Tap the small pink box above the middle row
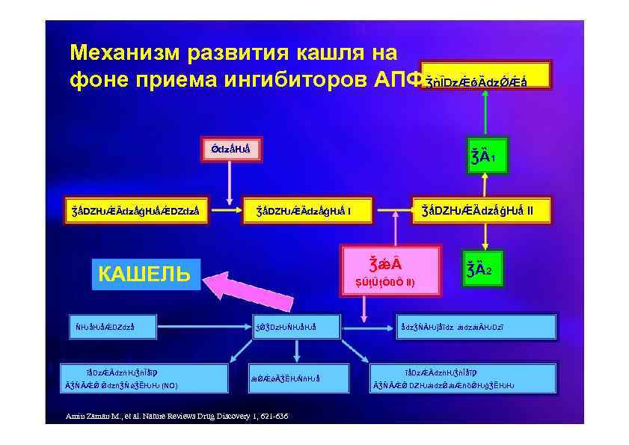click(230, 149)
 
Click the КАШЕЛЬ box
click(144, 274)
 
